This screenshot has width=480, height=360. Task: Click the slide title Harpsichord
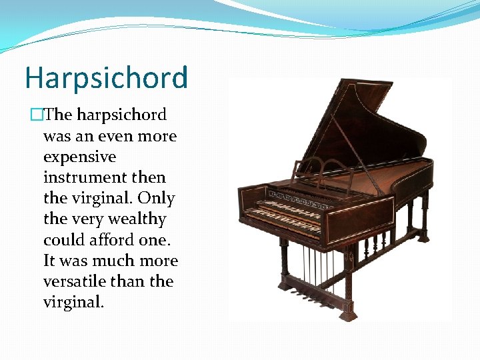coord(106,77)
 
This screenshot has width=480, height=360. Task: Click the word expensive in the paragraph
coord(79,157)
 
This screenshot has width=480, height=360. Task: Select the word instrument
coord(86,178)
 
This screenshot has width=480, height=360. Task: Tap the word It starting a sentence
coord(51,261)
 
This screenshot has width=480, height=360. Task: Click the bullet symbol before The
coord(37,115)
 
